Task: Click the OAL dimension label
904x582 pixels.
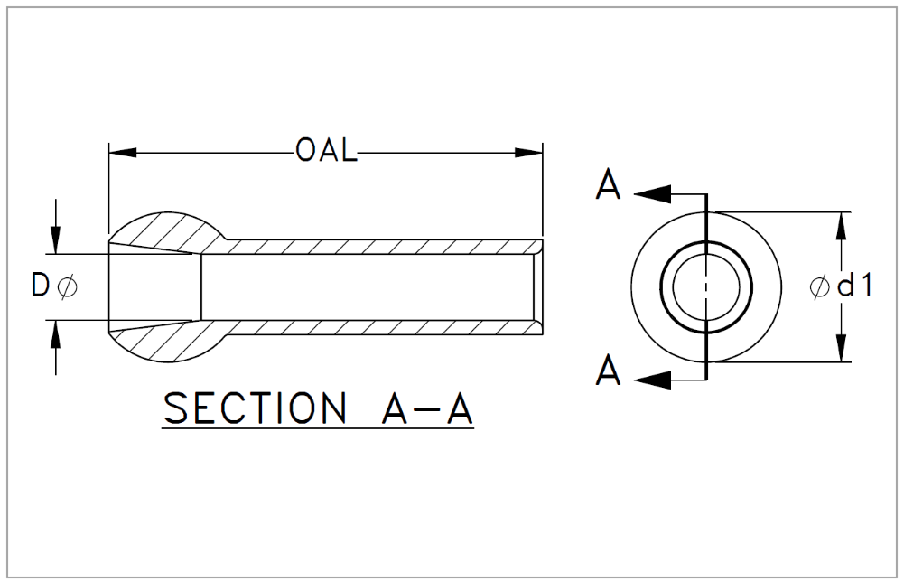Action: tap(326, 151)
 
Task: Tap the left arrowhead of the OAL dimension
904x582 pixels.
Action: tap(122, 152)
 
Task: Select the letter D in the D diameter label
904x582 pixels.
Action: tap(40, 286)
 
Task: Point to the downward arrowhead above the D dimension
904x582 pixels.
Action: tap(56, 240)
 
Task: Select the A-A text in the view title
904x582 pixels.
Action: tap(423, 409)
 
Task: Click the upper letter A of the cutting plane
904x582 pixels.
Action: tap(609, 185)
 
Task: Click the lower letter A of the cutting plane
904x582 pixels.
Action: tap(609, 370)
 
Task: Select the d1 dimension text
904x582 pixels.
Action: tap(854, 286)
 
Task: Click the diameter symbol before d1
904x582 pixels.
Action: tap(819, 287)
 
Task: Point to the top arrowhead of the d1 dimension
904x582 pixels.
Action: tap(841, 224)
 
